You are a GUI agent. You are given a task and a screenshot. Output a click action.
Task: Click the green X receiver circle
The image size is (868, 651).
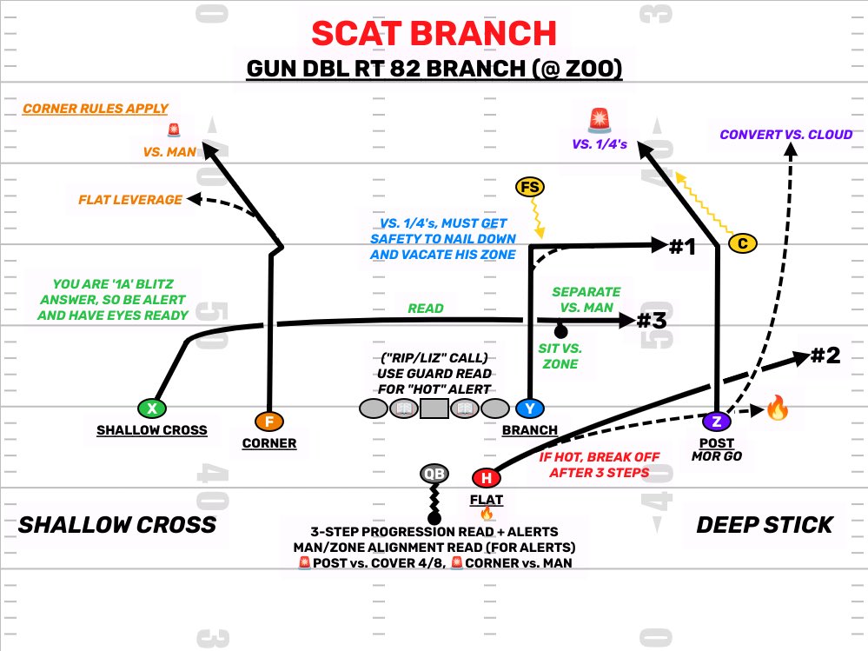click(x=152, y=409)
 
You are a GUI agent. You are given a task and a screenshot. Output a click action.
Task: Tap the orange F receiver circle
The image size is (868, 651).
click(x=269, y=422)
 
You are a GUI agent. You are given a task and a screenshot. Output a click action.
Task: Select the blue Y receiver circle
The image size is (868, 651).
click(x=530, y=409)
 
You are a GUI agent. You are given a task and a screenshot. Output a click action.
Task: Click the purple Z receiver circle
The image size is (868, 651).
click(x=717, y=422)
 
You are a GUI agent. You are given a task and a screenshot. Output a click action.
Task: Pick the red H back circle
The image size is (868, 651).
click(x=486, y=478)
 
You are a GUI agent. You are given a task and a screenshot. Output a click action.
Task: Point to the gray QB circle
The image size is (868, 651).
click(x=434, y=474)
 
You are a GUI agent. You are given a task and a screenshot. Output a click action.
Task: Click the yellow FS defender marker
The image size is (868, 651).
click(x=530, y=187)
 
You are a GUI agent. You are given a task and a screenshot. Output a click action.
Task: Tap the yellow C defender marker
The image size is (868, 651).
click(x=742, y=243)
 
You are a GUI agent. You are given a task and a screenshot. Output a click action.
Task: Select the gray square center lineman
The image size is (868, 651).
click(x=434, y=409)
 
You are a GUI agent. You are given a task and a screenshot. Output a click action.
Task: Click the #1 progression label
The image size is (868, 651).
click(x=683, y=246)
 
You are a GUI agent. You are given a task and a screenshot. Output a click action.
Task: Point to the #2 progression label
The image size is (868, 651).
click(x=825, y=355)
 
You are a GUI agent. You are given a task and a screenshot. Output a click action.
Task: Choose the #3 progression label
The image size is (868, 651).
click(x=652, y=321)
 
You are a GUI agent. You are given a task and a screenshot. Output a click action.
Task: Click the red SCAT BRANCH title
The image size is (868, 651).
click(x=434, y=33)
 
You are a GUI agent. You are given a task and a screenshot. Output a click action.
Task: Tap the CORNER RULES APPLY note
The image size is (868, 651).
click(x=96, y=109)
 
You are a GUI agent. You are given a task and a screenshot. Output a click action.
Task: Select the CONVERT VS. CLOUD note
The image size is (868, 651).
click(x=786, y=135)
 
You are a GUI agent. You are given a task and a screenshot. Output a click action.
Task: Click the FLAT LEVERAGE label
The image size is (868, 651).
click(x=130, y=199)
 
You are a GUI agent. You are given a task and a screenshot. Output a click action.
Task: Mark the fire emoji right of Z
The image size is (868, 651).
click(x=778, y=409)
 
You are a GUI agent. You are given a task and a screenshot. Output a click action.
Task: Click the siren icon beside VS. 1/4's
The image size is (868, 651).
click(x=600, y=120)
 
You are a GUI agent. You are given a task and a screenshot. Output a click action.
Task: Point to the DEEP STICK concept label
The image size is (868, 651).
click(x=765, y=525)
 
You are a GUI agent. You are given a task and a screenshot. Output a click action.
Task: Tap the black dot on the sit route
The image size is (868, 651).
click(x=560, y=332)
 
